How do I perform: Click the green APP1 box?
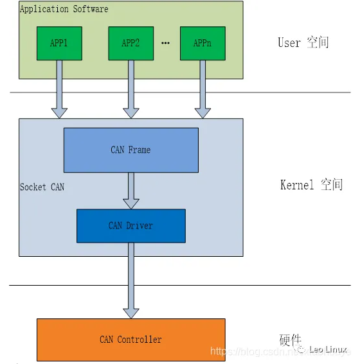point(59,43)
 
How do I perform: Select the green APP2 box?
point(130,43)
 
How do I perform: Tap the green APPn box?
point(203,43)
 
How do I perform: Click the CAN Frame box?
point(130,150)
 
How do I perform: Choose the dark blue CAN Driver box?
point(130,225)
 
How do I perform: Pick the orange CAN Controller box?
point(130,339)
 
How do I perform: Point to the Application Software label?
point(64,9)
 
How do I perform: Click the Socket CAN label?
point(42,187)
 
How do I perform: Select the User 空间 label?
point(303,43)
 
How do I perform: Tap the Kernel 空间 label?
point(311,185)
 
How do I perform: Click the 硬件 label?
point(290,340)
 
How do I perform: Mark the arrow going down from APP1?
point(59,90)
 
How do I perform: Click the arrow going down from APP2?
point(130,90)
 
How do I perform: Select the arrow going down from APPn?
point(203,90)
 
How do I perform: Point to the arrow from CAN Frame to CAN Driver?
point(130,191)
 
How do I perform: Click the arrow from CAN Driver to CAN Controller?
point(130,281)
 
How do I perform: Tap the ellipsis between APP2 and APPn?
point(165,44)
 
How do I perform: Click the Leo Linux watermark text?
point(328,349)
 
